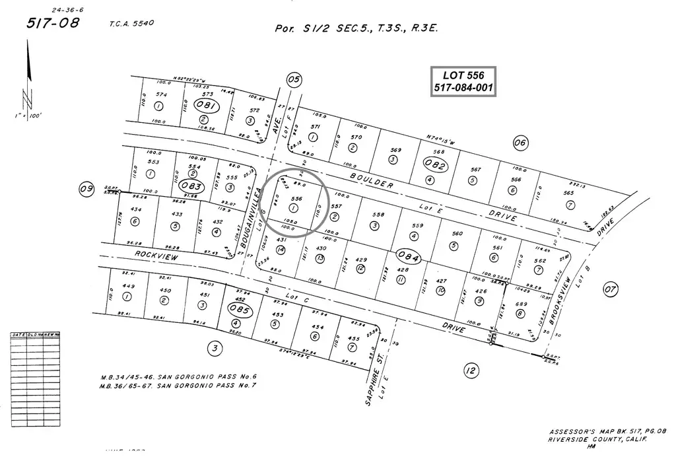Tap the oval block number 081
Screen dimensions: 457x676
[x=208, y=105]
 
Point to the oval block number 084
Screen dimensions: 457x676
[x=406, y=256]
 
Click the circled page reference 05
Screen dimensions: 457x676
[x=294, y=80]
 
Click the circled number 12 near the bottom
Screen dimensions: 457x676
[x=470, y=370]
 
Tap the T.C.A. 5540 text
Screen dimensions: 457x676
[x=132, y=23]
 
